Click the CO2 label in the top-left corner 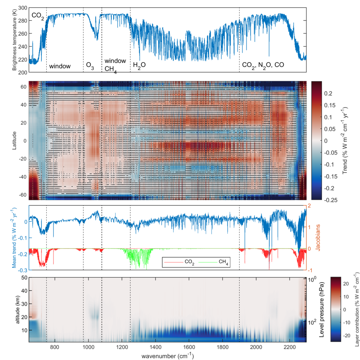tap(38, 16)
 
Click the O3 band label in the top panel tap(90, 65)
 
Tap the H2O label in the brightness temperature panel tap(139, 65)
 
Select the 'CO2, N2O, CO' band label tap(263, 65)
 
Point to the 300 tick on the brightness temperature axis tap(22, 8)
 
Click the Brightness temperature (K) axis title tap(14, 40)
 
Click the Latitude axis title tap(14, 140)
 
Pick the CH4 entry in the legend tap(215, 262)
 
